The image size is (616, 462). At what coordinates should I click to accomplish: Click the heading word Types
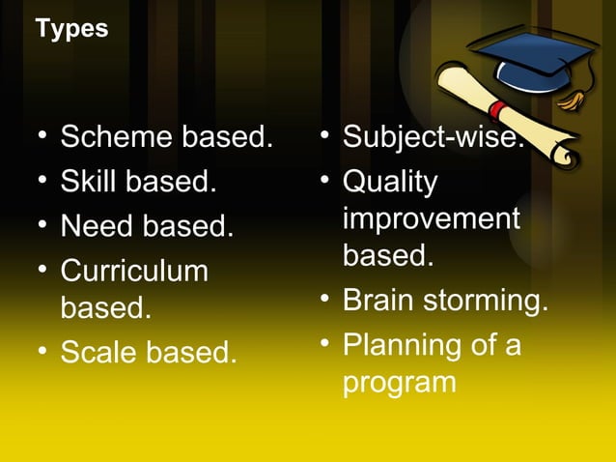(71, 29)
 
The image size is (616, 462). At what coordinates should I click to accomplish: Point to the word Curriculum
(134, 271)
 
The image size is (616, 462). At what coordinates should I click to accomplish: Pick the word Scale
(98, 353)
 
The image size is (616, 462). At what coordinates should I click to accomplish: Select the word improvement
(431, 219)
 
